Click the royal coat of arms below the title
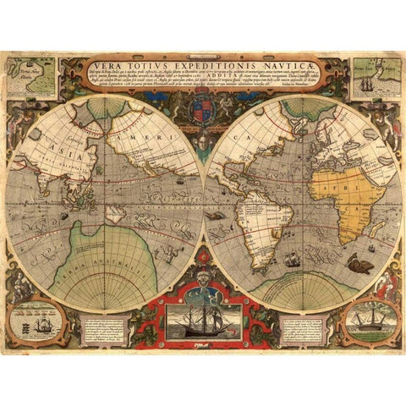[x=203, y=111]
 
